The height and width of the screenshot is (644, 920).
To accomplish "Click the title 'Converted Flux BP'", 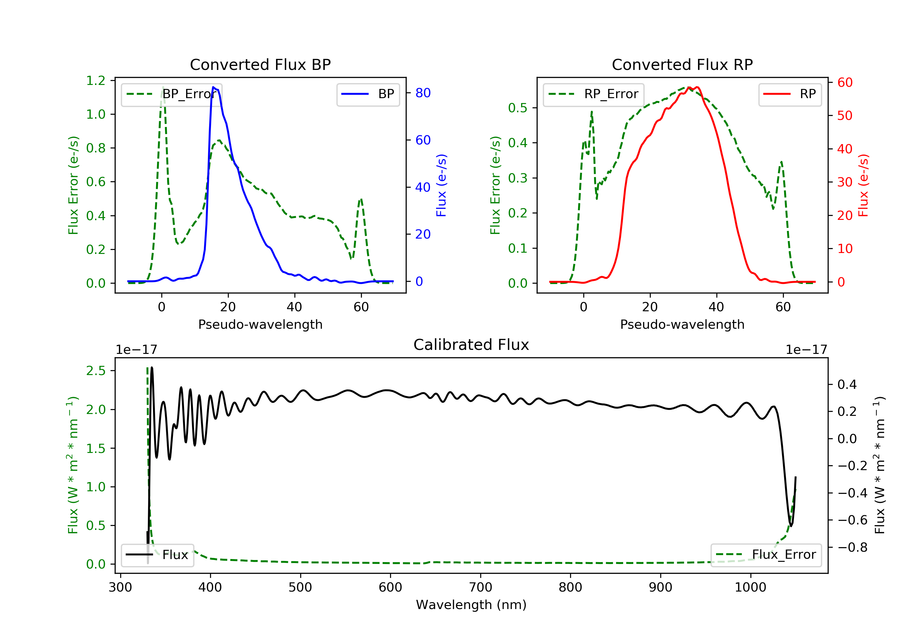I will (x=260, y=64).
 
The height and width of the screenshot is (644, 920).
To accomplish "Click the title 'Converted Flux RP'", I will (x=682, y=64).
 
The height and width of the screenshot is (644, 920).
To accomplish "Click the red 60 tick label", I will (x=845, y=82).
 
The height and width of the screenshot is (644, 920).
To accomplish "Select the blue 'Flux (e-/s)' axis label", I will (x=441, y=185).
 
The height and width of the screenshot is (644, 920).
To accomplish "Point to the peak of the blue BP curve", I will (x=213, y=87).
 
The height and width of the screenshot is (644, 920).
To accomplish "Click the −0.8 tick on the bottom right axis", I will (x=852, y=547).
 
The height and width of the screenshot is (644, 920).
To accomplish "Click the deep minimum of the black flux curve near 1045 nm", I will (x=791, y=526).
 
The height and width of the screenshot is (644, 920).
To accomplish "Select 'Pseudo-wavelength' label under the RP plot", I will (x=682, y=324).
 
